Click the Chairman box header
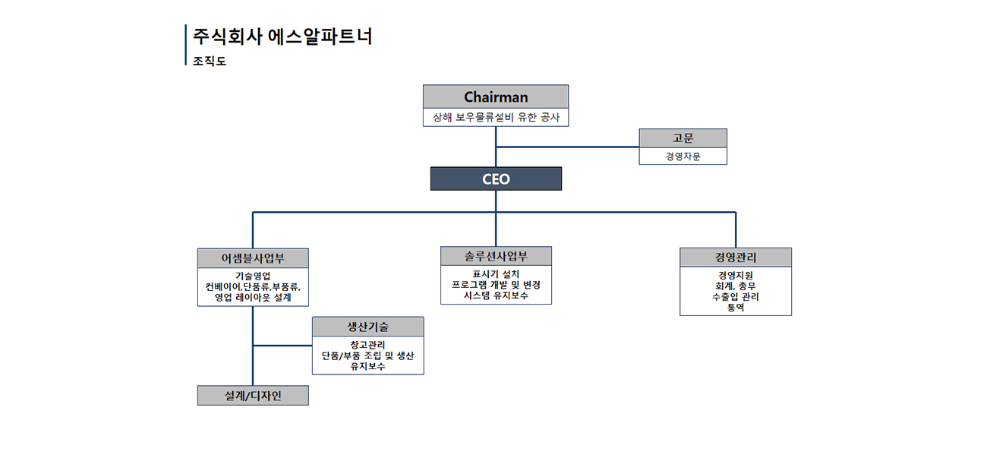coord(496,97)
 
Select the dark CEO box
coord(496,179)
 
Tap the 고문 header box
coord(682,138)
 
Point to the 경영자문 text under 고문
coord(682,156)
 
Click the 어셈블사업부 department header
coord(253,258)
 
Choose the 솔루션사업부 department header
coord(496,256)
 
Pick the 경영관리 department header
coord(735,258)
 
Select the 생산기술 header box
coord(367,327)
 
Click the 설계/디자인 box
coord(253,396)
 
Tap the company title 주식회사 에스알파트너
coord(282,36)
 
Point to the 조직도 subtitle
coord(210,61)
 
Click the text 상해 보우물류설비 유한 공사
coord(496,118)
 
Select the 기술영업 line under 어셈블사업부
coord(253,276)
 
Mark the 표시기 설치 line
coord(496,273)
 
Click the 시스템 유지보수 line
coord(496,295)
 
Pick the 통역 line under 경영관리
coord(735,308)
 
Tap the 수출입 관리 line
coord(735,297)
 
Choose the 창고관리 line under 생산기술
coord(367,345)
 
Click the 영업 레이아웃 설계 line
coord(253,298)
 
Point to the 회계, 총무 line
coord(735,286)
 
